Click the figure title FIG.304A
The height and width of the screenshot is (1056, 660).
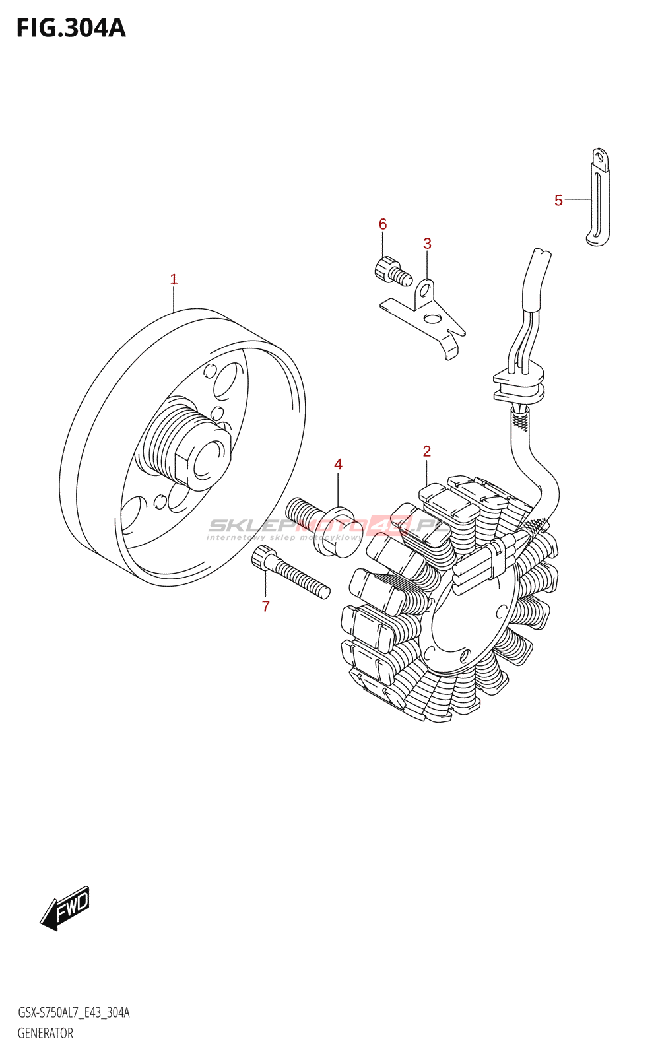71,28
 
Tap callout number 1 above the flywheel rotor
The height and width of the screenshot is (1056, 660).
174,280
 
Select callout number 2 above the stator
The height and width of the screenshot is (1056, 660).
427,451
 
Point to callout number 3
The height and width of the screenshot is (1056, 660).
427,244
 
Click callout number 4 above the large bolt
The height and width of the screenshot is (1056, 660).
338,465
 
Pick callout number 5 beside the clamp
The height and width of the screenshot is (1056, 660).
558,201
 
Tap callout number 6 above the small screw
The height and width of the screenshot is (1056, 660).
383,224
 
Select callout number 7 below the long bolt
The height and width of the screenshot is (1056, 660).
265,607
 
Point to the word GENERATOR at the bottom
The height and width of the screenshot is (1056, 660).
45,1033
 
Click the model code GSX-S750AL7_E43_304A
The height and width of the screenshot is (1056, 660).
73,1012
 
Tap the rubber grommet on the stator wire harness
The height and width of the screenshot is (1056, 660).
519,386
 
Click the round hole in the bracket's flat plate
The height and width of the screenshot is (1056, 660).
432,319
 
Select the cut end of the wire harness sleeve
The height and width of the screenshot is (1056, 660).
541,253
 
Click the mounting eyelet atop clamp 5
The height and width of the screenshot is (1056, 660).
600,157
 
